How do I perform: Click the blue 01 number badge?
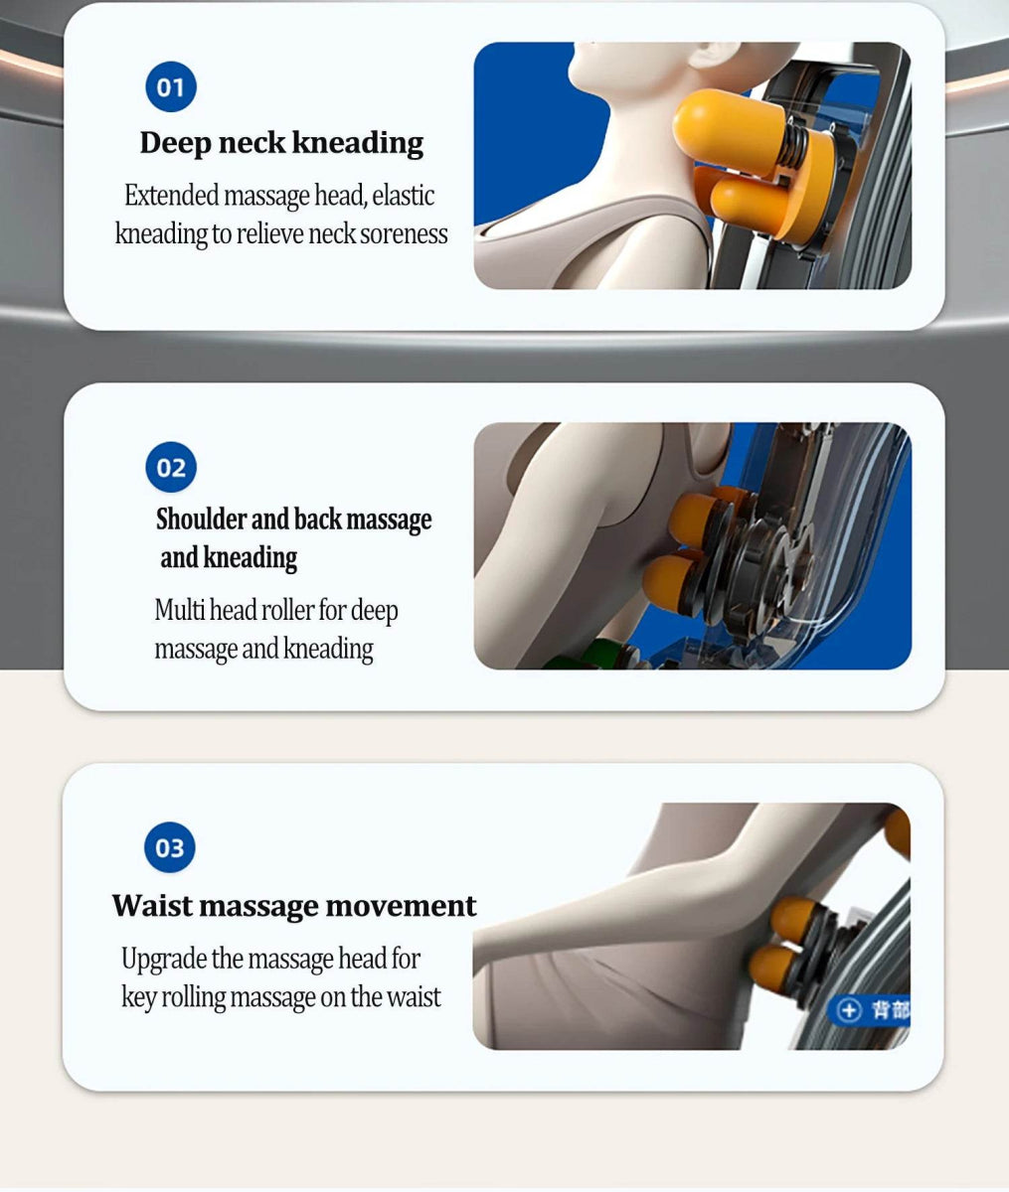point(171,87)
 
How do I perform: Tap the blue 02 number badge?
point(171,468)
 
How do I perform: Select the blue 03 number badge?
point(170,847)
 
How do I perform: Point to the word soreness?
point(404,234)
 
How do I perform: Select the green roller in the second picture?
point(609,655)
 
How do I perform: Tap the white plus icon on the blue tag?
point(849,1010)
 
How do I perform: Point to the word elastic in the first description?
point(403,196)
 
